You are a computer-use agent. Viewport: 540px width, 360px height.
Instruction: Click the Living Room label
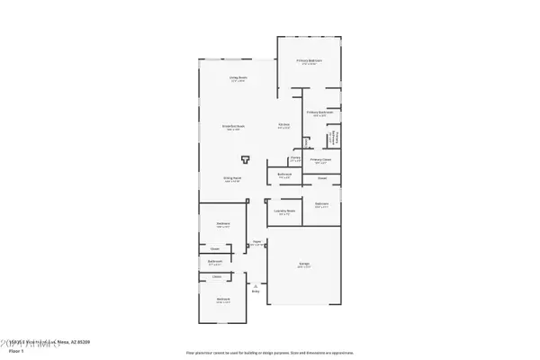[x=238, y=77]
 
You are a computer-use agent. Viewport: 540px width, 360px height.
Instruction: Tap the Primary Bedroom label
[x=310, y=60]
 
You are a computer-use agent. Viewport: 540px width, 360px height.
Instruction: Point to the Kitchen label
[x=283, y=124]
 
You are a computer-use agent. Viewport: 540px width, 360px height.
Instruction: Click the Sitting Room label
[x=232, y=178]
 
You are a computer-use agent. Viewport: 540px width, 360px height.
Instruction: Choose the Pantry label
[x=295, y=158]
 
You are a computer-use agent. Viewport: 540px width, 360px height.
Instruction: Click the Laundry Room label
[x=284, y=211]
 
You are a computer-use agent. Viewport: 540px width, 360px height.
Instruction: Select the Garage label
[x=305, y=263]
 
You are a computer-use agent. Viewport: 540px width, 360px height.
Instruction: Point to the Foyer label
[x=256, y=241]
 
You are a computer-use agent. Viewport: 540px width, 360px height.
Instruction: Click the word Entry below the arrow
[x=256, y=292]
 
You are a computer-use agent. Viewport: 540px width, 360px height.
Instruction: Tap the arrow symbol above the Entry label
[x=256, y=283]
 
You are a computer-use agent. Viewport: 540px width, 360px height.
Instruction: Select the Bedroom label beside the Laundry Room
[x=322, y=204]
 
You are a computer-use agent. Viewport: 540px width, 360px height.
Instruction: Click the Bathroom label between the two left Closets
[x=215, y=263]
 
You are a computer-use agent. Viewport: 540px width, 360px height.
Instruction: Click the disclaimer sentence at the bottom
[x=269, y=353]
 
